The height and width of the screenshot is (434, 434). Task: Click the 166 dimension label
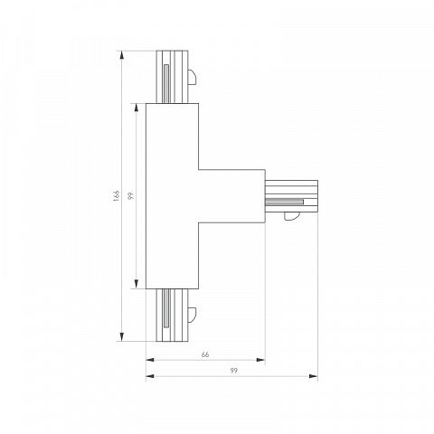pyautogui.click(x=117, y=195)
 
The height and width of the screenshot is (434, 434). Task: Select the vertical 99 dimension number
pyautogui.click(x=130, y=196)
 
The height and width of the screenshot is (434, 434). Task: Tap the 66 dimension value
pyautogui.click(x=205, y=354)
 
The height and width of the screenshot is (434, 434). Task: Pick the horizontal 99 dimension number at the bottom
pyautogui.click(x=233, y=371)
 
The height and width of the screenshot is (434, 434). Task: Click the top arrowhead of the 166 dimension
pyautogui.click(x=122, y=55)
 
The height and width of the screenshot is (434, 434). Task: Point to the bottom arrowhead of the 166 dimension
pyautogui.click(x=122, y=336)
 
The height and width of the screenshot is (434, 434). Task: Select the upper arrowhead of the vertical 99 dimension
pyautogui.click(x=137, y=108)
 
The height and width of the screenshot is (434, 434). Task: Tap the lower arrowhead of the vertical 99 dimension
pyautogui.click(x=137, y=284)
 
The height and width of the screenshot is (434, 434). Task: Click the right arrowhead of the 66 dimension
pyautogui.click(x=260, y=360)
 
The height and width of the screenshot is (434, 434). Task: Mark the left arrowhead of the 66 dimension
pyautogui.click(x=150, y=360)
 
